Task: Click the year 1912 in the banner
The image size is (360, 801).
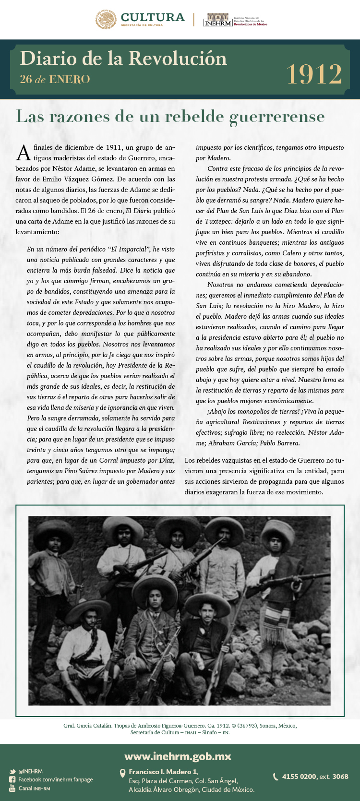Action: (x=314, y=74)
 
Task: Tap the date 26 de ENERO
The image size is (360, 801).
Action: (x=55, y=79)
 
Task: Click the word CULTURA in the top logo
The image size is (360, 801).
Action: (x=153, y=17)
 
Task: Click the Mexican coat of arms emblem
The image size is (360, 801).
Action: (x=106, y=20)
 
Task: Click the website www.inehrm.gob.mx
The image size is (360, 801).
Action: (x=178, y=757)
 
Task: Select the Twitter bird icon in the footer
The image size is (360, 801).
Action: (x=12, y=772)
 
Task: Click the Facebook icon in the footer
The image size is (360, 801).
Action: (x=12, y=780)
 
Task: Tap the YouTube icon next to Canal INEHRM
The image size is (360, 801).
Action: (x=12, y=789)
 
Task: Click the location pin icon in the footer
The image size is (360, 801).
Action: (x=122, y=773)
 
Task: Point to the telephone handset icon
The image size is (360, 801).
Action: (x=276, y=777)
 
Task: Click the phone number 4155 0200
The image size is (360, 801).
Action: (x=299, y=777)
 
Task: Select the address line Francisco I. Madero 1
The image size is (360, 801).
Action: (x=163, y=772)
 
